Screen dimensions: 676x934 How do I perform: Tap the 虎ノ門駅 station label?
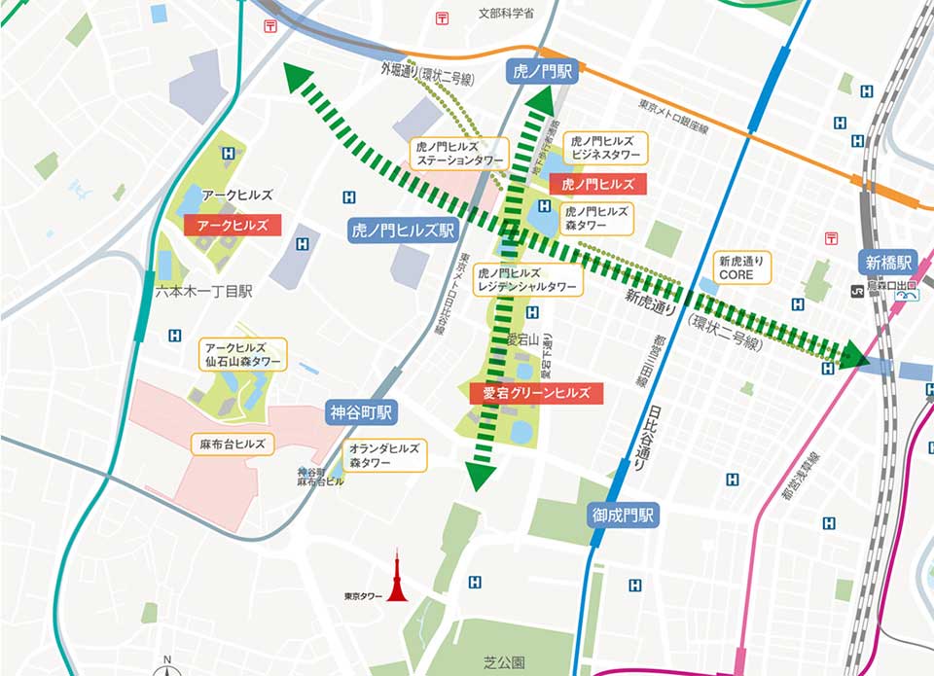[543, 71]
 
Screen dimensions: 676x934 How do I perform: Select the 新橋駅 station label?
[887, 262]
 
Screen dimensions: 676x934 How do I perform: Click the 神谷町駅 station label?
[362, 412]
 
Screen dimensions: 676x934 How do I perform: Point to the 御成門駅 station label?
[623, 515]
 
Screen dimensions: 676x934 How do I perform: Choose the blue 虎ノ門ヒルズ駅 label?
[403, 231]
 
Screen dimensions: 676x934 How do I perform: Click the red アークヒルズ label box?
[233, 225]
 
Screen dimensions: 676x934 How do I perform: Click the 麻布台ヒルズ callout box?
[233, 444]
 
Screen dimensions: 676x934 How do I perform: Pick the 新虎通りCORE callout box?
[742, 267]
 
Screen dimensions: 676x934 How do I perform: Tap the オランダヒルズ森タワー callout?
[384, 455]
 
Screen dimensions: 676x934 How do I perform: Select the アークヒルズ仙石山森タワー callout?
[242, 354]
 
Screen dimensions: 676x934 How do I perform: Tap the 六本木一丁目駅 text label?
[203, 291]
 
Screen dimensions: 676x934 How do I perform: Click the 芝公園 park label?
[504, 662]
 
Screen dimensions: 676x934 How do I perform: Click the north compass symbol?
[167, 666]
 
